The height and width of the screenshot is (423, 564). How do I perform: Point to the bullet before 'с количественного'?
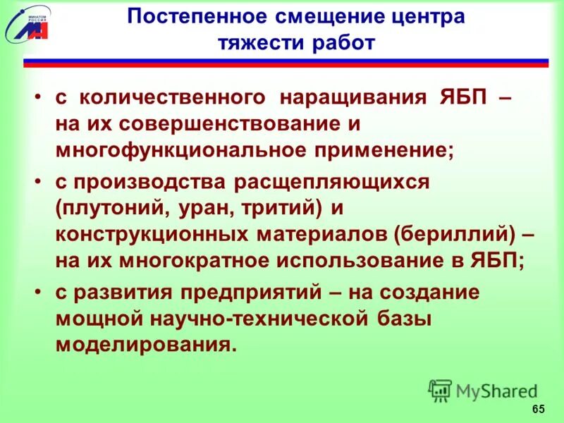coord(39,98)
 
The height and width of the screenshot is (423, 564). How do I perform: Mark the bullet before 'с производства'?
coord(39,183)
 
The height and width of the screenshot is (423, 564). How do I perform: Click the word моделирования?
coord(144,345)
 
